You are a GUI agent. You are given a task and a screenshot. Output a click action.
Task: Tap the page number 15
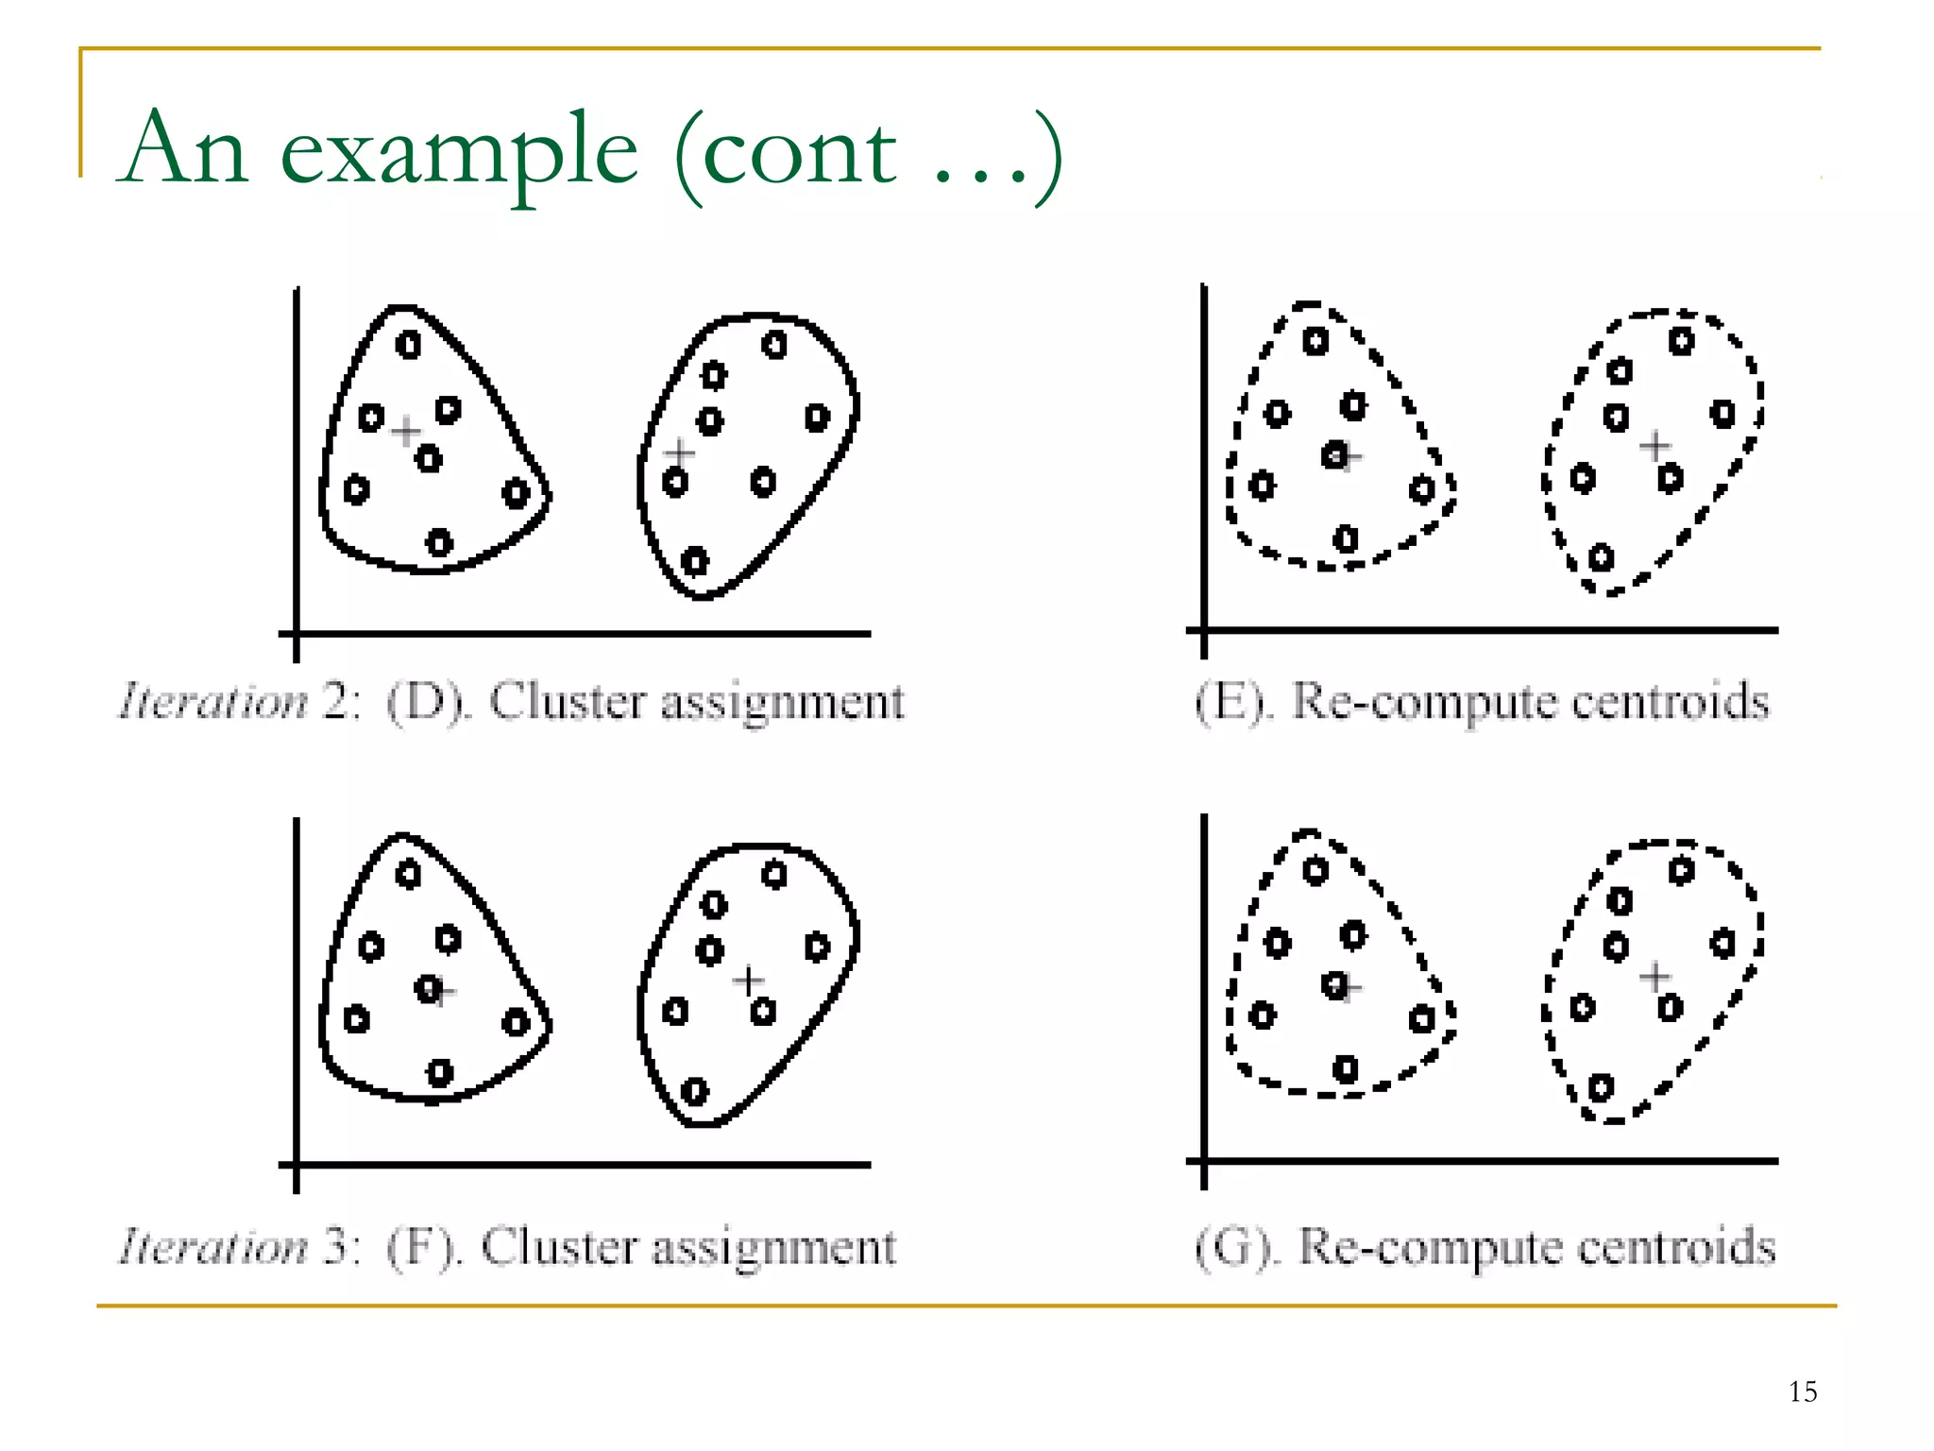point(1803,1391)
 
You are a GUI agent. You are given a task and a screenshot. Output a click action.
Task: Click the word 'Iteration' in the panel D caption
point(213,702)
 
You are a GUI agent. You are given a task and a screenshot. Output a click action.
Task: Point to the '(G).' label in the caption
point(1237,1247)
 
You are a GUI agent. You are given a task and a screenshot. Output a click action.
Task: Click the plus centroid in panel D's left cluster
point(406,432)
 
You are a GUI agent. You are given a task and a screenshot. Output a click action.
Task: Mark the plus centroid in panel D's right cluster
point(678,452)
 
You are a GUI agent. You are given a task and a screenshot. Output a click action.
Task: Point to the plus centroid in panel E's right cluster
point(1654,446)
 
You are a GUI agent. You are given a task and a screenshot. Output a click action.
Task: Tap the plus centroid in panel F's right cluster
point(749,981)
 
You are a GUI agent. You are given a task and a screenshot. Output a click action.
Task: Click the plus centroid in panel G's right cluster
point(1654,976)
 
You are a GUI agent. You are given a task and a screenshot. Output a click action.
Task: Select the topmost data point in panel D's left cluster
point(408,345)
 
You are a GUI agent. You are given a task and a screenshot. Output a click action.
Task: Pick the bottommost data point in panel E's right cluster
point(1601,557)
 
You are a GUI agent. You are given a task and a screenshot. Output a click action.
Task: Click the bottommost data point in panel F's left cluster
point(439,1073)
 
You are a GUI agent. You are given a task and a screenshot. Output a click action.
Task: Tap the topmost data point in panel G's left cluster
point(1315,870)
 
